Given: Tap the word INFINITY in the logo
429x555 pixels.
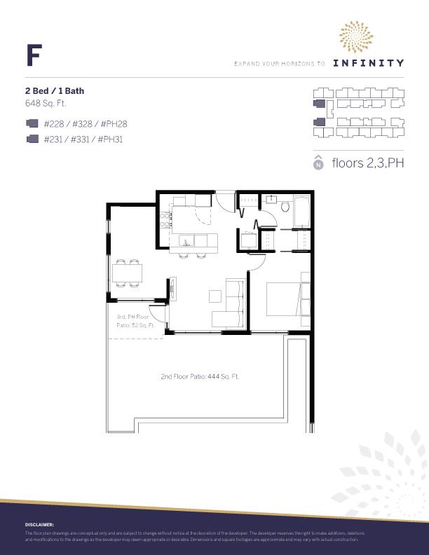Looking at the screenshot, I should (368, 62).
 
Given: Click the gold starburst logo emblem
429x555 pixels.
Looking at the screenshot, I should (357, 36).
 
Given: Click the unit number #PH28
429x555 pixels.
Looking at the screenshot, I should (114, 124).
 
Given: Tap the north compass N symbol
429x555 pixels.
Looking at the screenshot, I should (318, 164).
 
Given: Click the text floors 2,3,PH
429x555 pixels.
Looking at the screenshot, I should (369, 164).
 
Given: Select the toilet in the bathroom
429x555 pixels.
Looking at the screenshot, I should (284, 208).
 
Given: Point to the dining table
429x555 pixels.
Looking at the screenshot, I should (128, 272).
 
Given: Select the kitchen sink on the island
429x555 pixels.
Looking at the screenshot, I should (186, 243).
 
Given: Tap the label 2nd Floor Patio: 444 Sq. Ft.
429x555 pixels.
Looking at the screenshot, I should (200, 376).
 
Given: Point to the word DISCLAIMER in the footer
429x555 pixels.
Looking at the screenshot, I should (39, 524).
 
